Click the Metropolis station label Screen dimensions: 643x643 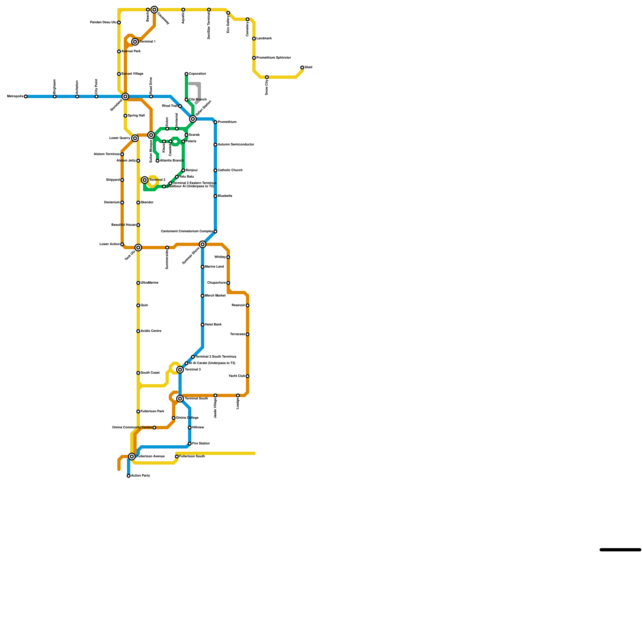click(15, 96)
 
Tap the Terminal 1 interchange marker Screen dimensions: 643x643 click(135, 42)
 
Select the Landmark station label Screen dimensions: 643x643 click(264, 39)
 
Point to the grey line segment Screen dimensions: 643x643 click(199, 92)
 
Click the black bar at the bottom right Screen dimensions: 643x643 click(620, 550)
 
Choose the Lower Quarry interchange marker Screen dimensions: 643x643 click(135, 138)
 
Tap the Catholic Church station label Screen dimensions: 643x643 click(230, 170)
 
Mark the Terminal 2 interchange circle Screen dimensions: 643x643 click(145, 180)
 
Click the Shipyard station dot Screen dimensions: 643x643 click(122, 180)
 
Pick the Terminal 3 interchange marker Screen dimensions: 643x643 click(180, 370)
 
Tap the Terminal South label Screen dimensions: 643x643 click(196, 399)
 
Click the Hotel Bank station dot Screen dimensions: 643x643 click(203, 325)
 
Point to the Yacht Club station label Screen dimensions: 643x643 click(237, 376)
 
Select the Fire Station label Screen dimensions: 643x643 click(201, 444)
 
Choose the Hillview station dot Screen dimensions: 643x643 click(190, 428)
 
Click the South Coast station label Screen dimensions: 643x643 click(150, 373)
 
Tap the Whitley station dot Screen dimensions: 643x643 click(228, 257)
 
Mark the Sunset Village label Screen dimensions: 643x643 click(132, 74)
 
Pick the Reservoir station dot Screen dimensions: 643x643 click(248, 305)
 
